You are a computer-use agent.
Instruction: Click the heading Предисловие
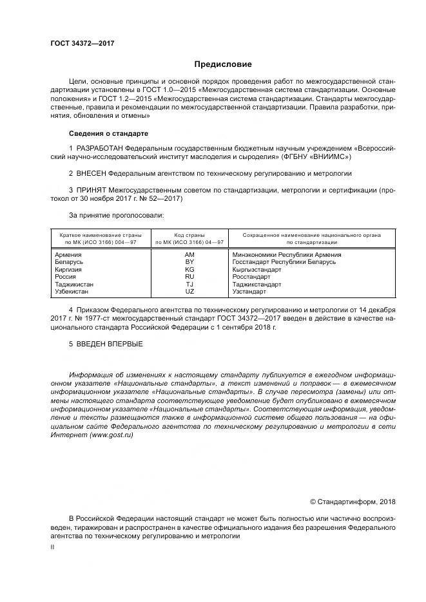pyautogui.click(x=223, y=64)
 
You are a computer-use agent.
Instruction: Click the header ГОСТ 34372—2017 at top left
pyautogui.click(x=82, y=43)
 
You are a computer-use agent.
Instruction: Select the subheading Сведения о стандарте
pyautogui.click(x=108, y=133)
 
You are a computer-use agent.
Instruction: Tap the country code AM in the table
pyautogui.click(x=189, y=255)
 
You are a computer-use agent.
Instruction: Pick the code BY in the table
pyautogui.click(x=189, y=262)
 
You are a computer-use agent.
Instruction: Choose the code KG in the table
pyautogui.click(x=189, y=270)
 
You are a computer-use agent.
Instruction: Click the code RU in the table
pyautogui.click(x=189, y=277)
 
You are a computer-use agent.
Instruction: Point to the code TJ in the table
pyautogui.click(x=189, y=284)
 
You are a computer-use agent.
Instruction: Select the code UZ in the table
pyautogui.click(x=189, y=292)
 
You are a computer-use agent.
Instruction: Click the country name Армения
pyautogui.click(x=69, y=255)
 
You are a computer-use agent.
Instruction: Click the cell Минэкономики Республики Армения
pyautogui.click(x=287, y=255)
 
